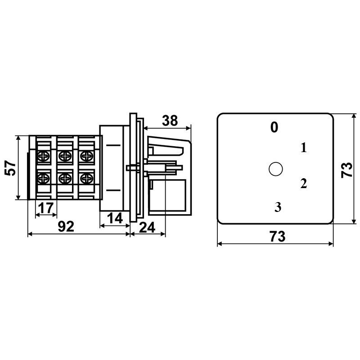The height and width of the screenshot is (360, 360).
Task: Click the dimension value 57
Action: (10, 168)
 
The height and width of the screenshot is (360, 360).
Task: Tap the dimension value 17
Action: (46, 208)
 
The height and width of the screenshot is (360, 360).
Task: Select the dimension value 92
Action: (66, 227)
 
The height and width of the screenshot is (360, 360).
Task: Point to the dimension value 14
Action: (115, 218)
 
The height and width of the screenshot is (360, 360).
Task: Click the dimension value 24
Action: (147, 228)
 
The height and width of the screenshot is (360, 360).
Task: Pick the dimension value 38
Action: (170, 121)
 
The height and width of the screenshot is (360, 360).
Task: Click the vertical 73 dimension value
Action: (346, 170)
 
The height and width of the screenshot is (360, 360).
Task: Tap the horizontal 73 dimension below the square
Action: (278, 237)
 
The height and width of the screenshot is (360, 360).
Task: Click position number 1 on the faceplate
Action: (304, 148)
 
